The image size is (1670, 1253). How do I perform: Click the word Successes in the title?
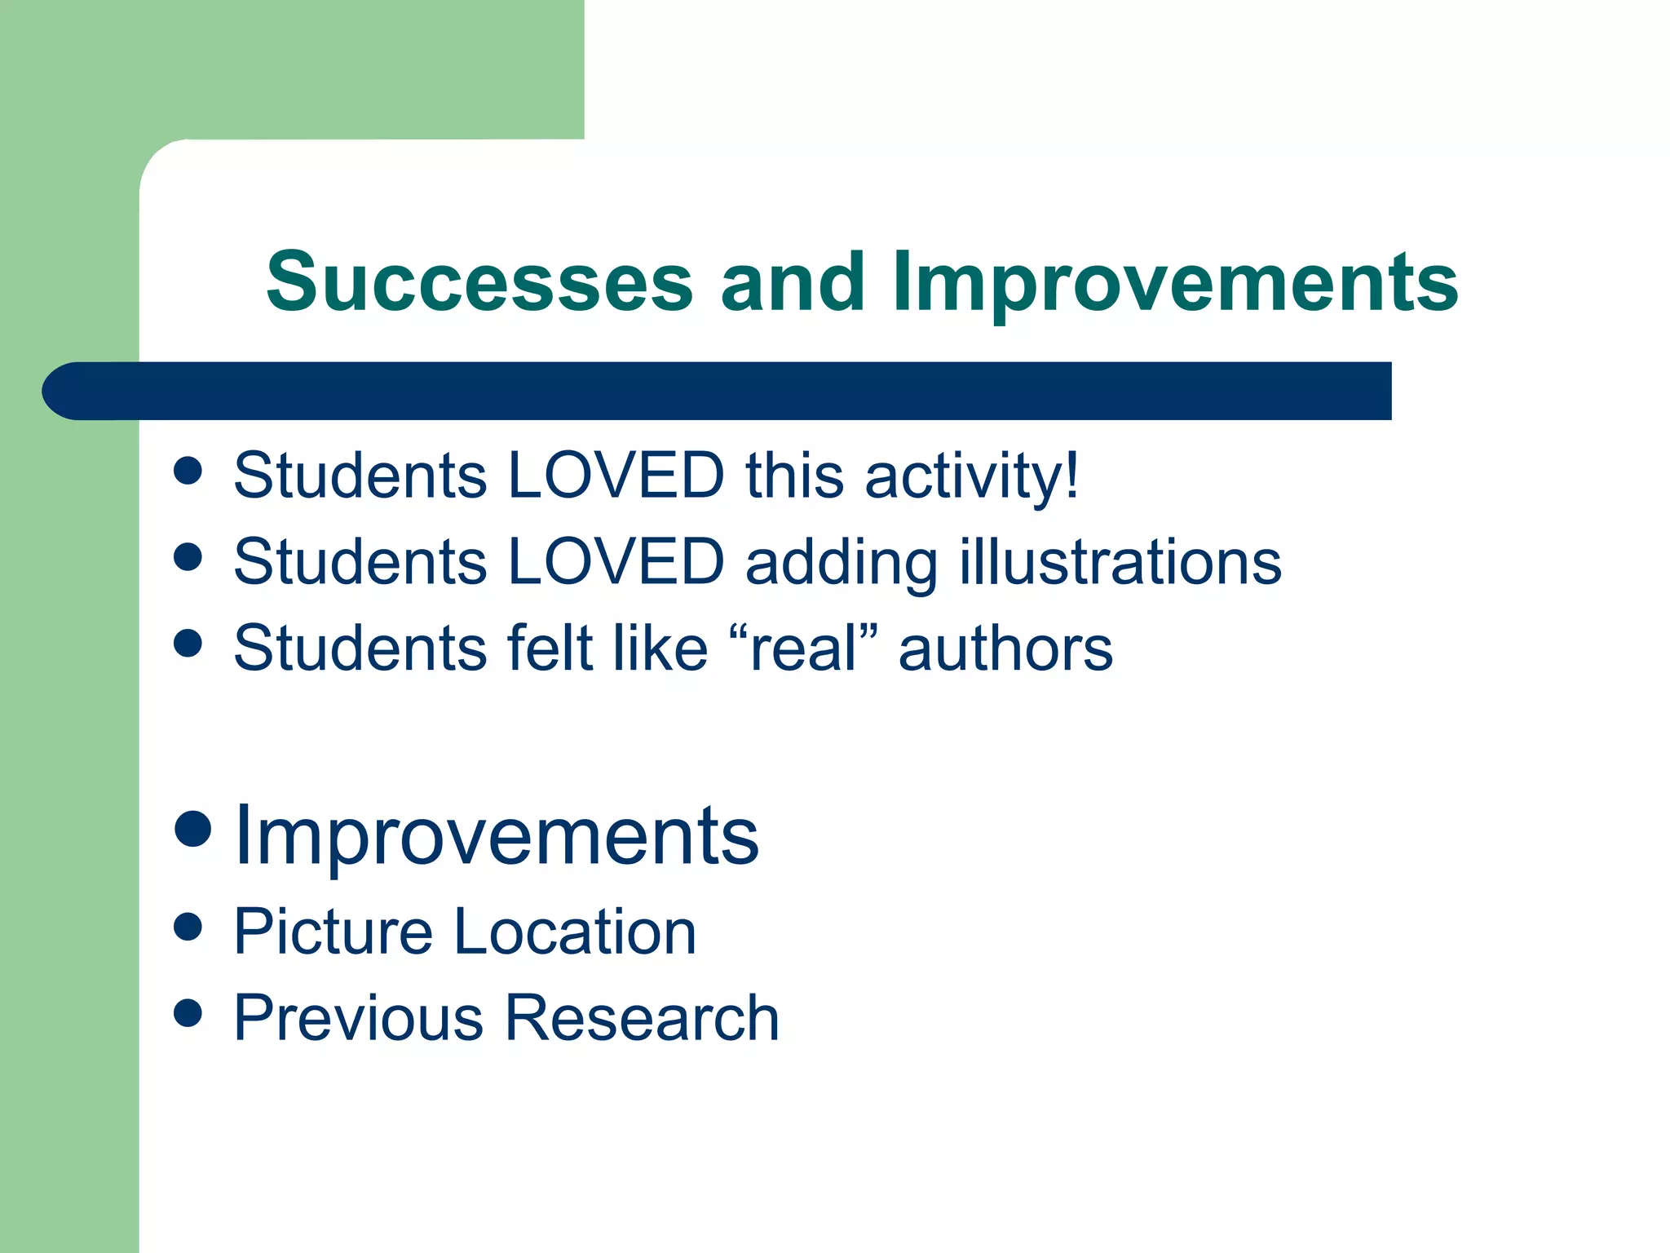click(x=479, y=281)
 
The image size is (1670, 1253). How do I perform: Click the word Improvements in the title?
click(x=1175, y=281)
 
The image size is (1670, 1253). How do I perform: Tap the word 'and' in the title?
click(x=792, y=281)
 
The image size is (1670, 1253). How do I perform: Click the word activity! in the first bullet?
click(x=972, y=476)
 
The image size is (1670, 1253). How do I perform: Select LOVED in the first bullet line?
click(x=616, y=476)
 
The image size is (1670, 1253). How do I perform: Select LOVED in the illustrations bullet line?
click(x=616, y=562)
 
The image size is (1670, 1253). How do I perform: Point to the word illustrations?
click(x=1120, y=562)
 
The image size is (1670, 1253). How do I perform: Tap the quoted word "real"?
click(x=803, y=649)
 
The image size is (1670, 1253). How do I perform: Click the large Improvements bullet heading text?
click(x=497, y=836)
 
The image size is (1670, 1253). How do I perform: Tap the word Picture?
click(x=333, y=932)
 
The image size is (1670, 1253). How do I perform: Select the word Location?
click(x=575, y=932)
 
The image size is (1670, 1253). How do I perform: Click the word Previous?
click(x=359, y=1018)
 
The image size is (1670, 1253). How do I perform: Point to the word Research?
click(x=643, y=1018)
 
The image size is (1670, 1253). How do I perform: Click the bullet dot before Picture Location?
click(x=188, y=927)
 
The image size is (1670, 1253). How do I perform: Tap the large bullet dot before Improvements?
click(x=193, y=830)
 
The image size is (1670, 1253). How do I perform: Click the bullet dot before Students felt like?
click(x=188, y=643)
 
